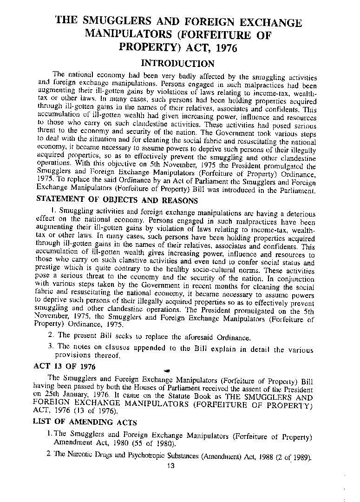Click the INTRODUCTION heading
pyautogui.click(x=177, y=63)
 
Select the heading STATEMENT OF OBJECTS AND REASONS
pyautogui.click(x=117, y=201)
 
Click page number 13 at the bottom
pyautogui.click(x=175, y=466)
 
